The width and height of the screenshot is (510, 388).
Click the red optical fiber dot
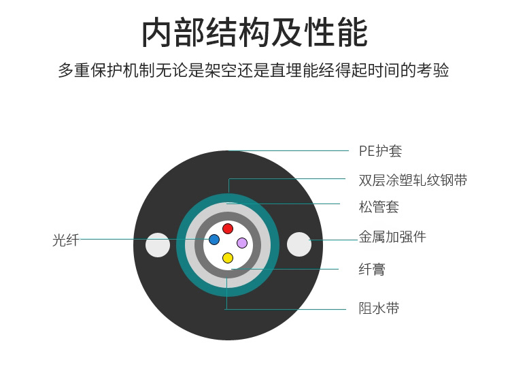228,229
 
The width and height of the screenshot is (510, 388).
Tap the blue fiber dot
214,240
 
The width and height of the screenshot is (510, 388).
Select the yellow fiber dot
228,258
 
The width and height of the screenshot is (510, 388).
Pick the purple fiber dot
242,243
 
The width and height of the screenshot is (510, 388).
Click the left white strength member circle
158,245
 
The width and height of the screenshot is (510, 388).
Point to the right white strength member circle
299,244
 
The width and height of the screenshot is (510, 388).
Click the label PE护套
380,151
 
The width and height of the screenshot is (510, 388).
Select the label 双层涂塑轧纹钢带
413,180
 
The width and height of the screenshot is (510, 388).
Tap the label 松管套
379,207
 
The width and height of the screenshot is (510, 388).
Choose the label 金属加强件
392,237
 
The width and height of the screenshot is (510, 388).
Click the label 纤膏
372,269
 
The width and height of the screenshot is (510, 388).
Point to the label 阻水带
379,308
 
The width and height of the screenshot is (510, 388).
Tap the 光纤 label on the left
66,240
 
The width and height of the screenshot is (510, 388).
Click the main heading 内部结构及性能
255,33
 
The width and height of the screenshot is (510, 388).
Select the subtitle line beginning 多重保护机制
254,70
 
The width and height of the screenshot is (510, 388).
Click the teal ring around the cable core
228,197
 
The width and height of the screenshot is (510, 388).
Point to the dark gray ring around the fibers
228,216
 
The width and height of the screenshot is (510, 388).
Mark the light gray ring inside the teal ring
228,207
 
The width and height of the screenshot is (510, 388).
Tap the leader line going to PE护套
288,150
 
